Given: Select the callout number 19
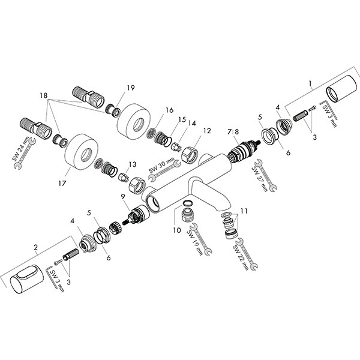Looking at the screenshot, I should click(x=131, y=88).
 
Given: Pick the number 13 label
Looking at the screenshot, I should click(x=132, y=164).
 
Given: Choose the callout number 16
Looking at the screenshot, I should click(x=169, y=110).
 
